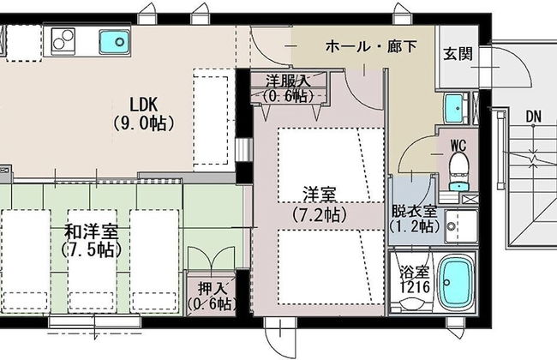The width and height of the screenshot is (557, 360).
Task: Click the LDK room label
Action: click(x=143, y=105)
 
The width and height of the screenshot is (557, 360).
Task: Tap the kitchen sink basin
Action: click(x=114, y=42)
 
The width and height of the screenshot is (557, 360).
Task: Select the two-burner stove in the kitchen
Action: click(x=63, y=41)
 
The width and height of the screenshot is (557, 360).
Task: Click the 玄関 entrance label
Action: click(x=458, y=54)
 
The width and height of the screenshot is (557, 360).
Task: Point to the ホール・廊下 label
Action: click(x=371, y=46)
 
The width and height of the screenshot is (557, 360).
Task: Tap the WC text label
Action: click(x=458, y=145)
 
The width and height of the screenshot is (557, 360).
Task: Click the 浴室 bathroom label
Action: click(x=414, y=273)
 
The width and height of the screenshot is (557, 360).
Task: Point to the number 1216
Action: click(x=415, y=287)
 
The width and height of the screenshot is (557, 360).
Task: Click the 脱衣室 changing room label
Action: click(x=414, y=212)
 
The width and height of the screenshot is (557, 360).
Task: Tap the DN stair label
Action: click(x=534, y=117)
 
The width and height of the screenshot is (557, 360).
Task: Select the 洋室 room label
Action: click(x=320, y=194)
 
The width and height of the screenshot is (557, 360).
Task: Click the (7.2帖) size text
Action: click(x=320, y=214)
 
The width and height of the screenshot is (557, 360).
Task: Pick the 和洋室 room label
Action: click(x=92, y=232)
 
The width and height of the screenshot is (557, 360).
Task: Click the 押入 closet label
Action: click(x=212, y=288)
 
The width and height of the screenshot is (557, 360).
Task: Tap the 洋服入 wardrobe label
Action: click(x=289, y=81)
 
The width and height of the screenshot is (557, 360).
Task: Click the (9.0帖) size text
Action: click(x=143, y=123)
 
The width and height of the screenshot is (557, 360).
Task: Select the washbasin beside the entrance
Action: click(x=454, y=108)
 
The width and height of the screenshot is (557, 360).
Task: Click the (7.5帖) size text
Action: click(x=92, y=250)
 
